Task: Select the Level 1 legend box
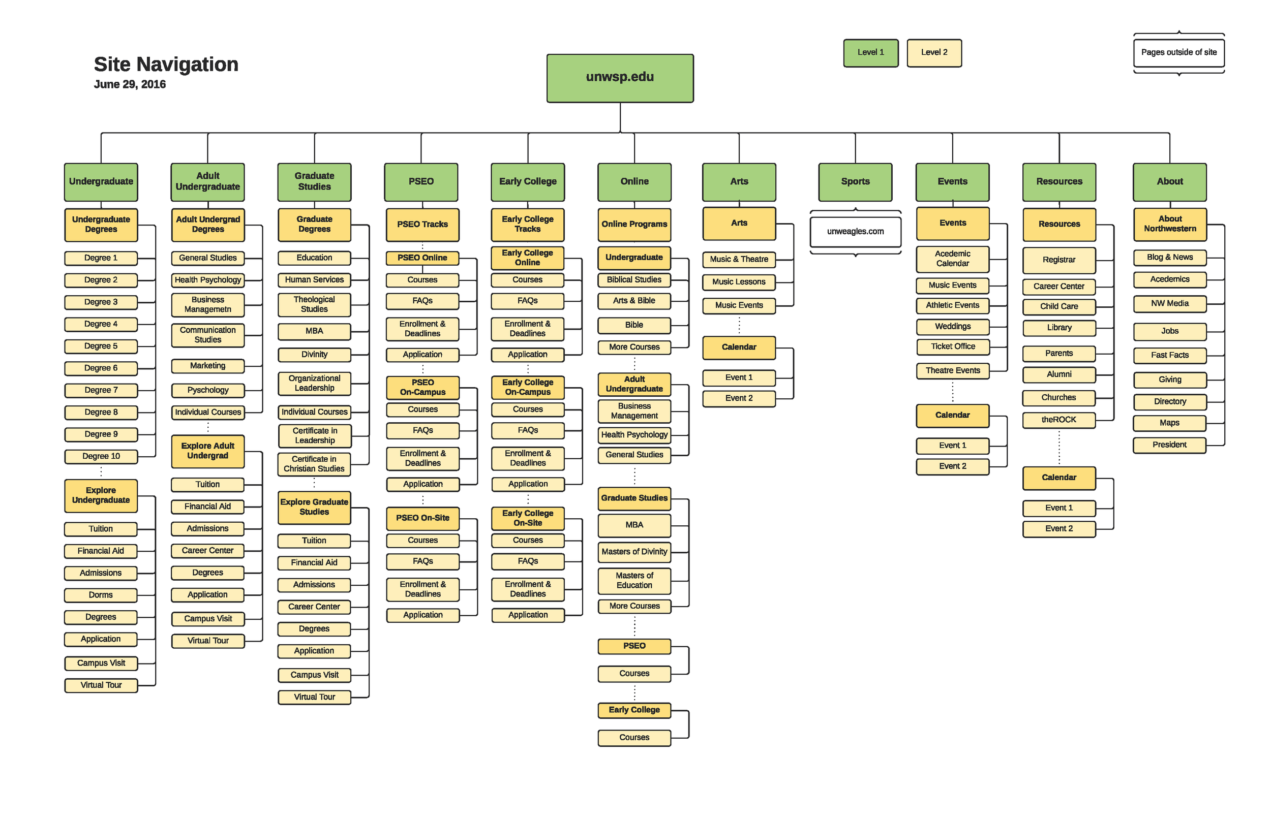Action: [870, 52]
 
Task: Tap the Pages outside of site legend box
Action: [1178, 52]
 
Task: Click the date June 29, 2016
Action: [130, 84]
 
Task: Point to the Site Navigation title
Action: [166, 64]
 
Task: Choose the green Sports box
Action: [855, 181]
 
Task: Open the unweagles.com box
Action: [855, 231]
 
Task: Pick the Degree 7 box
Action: [101, 390]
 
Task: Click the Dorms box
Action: [101, 594]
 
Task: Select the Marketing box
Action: [208, 366]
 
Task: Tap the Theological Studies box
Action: [314, 304]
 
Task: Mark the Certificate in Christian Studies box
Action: [314, 464]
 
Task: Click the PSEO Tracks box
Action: [422, 224]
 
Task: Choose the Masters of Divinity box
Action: [634, 551]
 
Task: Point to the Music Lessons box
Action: [739, 282]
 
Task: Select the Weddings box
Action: [953, 326]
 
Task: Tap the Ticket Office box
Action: [953, 346]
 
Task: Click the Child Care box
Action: [1058, 306]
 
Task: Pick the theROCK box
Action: [1058, 420]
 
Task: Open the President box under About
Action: [1169, 445]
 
